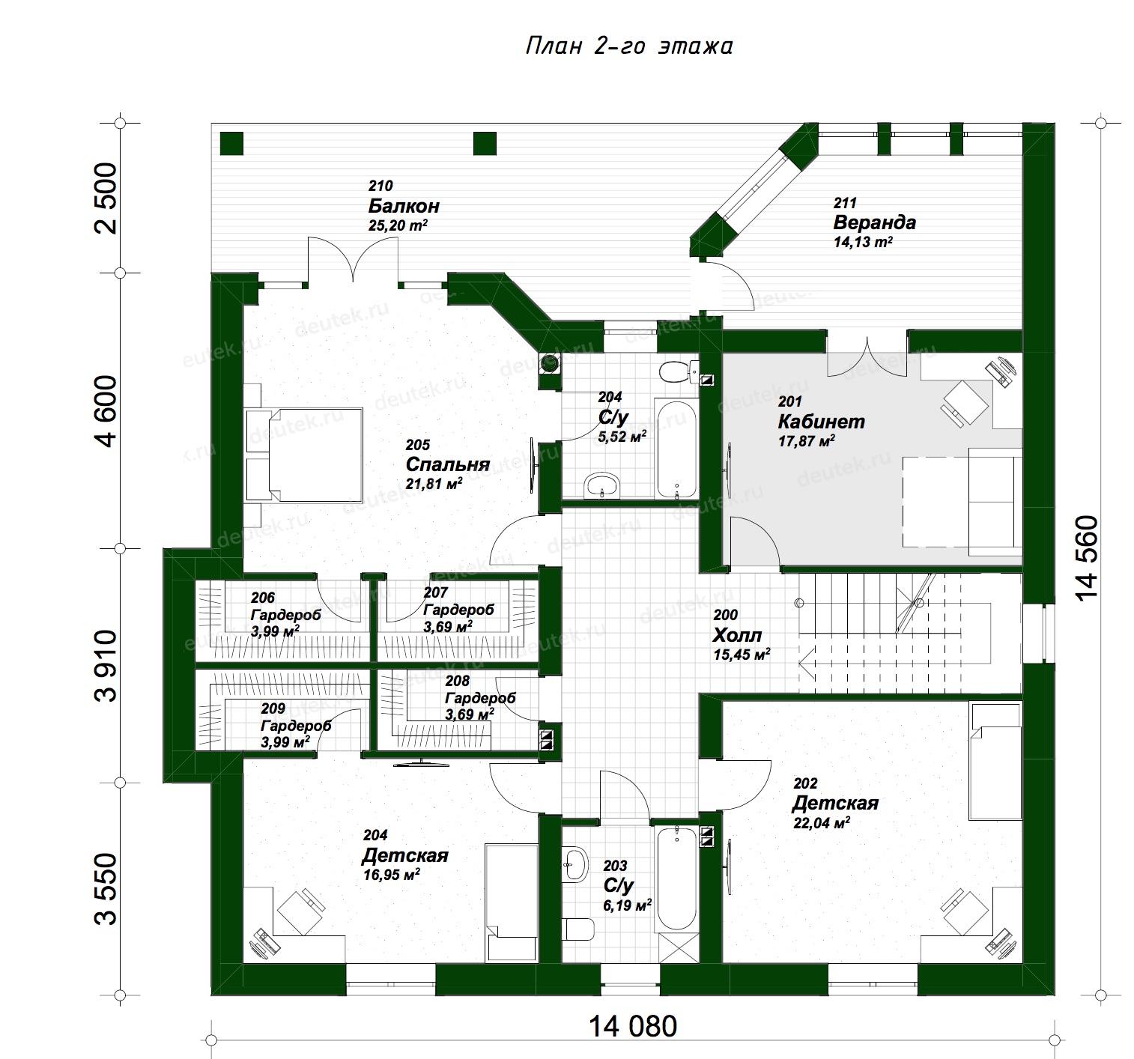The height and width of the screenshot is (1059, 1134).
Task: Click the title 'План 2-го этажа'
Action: (628, 46)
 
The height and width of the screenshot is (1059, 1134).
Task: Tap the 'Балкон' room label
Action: (404, 206)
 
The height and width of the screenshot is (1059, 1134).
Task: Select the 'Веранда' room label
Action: (874, 222)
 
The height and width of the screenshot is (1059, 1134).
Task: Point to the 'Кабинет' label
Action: (821, 422)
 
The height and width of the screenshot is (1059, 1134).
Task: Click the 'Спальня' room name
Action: (448, 464)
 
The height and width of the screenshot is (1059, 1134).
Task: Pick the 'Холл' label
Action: (737, 635)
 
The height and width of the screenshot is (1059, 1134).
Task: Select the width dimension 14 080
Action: (633, 1027)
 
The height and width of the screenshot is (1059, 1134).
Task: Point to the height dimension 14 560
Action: (1087, 558)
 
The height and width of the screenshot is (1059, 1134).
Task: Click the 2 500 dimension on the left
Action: (107, 198)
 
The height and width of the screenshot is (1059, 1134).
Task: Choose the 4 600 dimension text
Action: (107, 410)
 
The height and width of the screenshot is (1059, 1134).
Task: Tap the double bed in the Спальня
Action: (304, 455)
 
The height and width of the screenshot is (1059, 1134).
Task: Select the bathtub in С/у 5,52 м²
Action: (676, 449)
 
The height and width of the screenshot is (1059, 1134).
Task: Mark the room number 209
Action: (273, 708)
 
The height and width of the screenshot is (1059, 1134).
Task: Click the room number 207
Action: (436, 592)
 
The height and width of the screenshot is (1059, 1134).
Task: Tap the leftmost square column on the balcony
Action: (231, 143)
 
